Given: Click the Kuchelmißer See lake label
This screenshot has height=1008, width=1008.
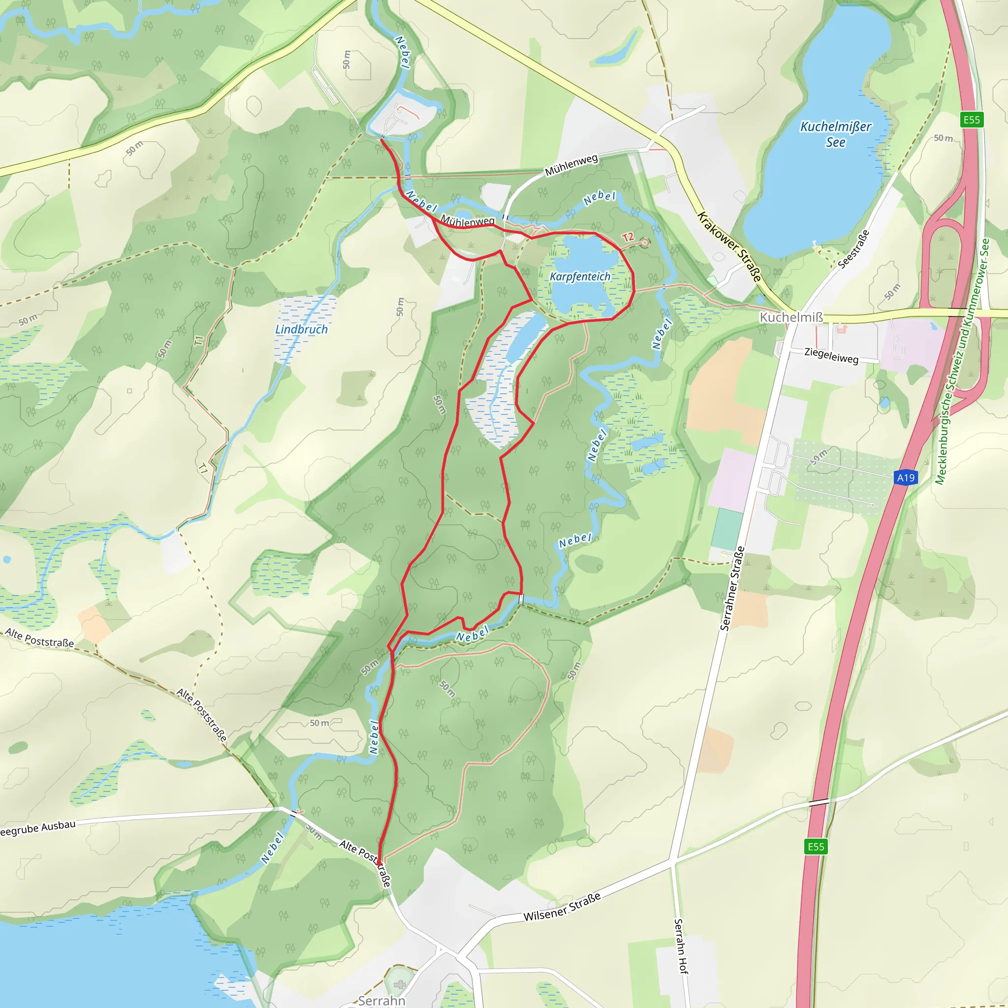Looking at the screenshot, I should (x=835, y=134).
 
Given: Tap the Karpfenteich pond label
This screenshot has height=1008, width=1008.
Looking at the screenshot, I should (x=580, y=277).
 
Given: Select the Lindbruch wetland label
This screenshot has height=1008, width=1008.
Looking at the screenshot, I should (x=301, y=329).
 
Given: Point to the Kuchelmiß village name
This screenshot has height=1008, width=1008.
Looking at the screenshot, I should (x=791, y=317).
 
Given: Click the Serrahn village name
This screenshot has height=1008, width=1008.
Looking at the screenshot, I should (x=381, y=1000).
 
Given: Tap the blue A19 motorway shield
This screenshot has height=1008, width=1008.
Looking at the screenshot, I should (x=906, y=477).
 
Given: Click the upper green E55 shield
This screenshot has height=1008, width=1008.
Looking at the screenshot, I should (x=972, y=120).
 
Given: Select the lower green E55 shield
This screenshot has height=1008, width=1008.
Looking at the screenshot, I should (x=816, y=846).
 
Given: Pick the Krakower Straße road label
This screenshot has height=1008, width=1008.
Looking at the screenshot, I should (x=729, y=247).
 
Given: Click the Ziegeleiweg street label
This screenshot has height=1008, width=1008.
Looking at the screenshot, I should (x=831, y=355).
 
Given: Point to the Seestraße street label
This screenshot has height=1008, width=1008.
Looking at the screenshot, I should (x=853, y=250).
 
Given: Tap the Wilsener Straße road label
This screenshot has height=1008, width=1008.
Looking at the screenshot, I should (x=562, y=907).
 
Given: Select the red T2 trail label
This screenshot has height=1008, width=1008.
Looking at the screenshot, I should (x=627, y=237).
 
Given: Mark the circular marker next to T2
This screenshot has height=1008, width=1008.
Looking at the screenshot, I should (x=644, y=243).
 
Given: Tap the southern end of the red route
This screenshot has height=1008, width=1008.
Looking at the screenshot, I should (x=379, y=863).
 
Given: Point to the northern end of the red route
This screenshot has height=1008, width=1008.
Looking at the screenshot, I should (x=382, y=139).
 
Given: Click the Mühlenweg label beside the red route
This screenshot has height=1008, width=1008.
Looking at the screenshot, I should (x=468, y=220).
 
